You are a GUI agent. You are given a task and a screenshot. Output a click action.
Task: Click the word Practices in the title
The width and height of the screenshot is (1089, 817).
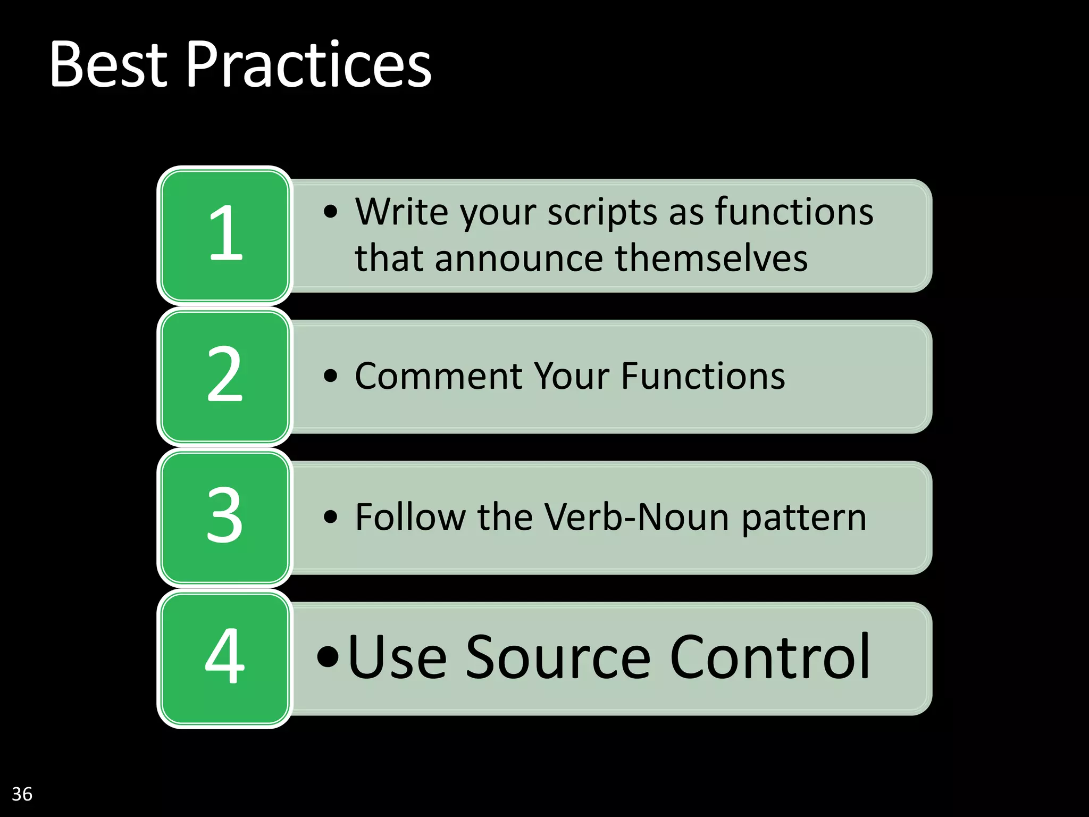click(308, 65)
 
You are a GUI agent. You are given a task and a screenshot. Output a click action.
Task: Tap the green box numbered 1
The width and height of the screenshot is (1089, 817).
click(225, 235)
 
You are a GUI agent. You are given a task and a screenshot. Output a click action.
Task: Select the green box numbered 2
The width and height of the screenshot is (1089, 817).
click(225, 376)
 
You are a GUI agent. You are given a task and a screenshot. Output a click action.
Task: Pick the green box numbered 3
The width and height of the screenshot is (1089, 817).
click(225, 516)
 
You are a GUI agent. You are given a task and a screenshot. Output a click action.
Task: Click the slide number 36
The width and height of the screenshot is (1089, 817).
click(22, 794)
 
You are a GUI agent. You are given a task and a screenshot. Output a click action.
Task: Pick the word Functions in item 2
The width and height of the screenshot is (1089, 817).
click(702, 376)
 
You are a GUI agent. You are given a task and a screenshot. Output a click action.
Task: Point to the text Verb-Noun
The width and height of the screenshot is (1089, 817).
click(636, 517)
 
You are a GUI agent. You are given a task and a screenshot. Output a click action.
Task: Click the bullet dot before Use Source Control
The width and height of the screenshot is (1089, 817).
click(328, 656)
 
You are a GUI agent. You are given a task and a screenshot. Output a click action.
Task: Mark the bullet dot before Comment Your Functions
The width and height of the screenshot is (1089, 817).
click(330, 376)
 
